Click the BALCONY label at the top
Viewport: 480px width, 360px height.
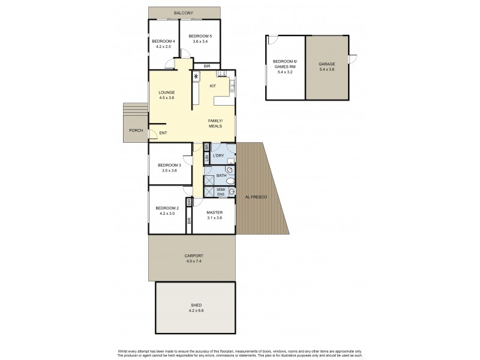[x=184, y=13]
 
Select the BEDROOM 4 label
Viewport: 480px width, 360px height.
[x=163, y=41]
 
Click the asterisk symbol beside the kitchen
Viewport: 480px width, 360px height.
[x=196, y=76]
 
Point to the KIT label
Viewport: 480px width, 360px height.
[x=212, y=86]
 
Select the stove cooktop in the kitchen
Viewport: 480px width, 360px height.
[x=221, y=74]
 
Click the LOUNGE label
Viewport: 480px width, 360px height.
[x=167, y=92]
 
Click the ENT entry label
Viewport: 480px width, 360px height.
[x=163, y=133]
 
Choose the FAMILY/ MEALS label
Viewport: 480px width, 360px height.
[x=216, y=123]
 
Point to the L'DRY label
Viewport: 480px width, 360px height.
[x=219, y=157]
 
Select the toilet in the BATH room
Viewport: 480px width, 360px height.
[x=230, y=181]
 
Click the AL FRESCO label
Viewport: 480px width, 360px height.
[x=256, y=197]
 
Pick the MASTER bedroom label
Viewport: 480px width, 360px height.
[x=214, y=213]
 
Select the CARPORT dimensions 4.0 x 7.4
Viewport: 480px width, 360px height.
[x=193, y=262]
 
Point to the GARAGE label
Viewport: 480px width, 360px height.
[x=326, y=63]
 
